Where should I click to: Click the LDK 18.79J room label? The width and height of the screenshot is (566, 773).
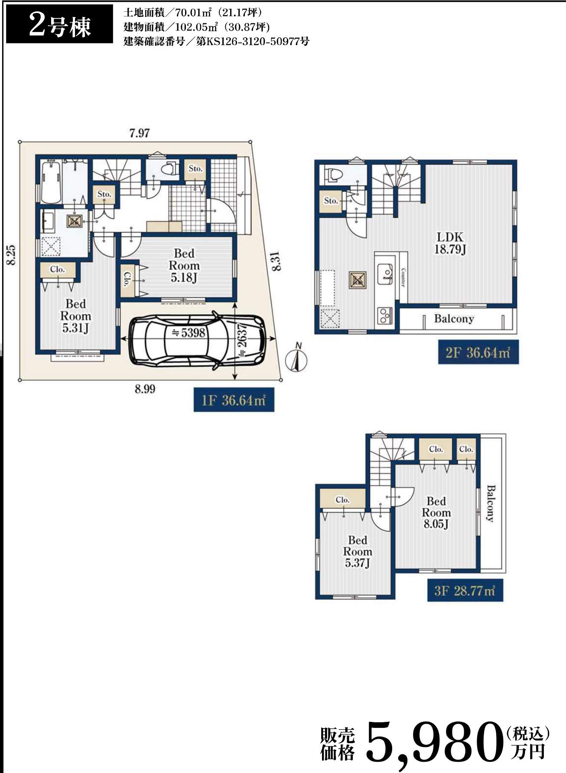[450, 243]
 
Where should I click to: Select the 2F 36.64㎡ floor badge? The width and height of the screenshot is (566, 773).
[478, 352]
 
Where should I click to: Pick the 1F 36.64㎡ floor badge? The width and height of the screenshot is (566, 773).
[234, 399]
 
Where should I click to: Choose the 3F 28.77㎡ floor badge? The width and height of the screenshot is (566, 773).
[465, 590]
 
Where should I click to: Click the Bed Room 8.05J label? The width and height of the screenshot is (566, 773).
[436, 513]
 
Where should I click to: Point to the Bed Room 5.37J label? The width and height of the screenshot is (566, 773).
[358, 552]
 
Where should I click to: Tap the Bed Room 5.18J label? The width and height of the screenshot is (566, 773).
[184, 265]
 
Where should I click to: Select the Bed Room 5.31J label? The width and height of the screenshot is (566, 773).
[76, 316]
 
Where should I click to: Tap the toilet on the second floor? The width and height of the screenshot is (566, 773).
[333, 175]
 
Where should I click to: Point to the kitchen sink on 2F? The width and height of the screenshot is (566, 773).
[385, 274]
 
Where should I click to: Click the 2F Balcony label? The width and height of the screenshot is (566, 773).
[454, 319]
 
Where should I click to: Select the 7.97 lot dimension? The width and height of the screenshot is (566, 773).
[139, 133]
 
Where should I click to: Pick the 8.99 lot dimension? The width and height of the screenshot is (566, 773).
[145, 389]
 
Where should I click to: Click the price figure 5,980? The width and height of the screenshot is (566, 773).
[433, 742]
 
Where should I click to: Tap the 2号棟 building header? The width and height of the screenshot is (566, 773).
[59, 25]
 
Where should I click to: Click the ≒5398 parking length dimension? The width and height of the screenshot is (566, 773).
[189, 333]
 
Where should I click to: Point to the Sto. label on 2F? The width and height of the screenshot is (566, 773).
[331, 201]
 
